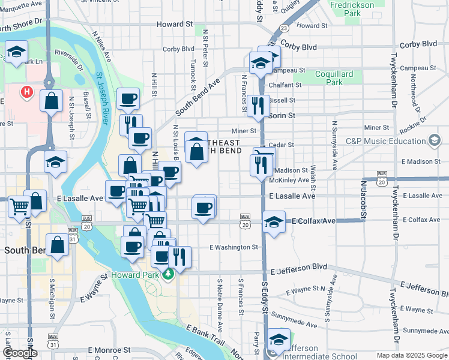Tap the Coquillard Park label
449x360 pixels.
(334, 79)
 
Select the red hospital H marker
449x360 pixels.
(26, 92)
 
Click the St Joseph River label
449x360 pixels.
(102, 99)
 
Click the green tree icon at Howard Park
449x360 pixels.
(169, 274)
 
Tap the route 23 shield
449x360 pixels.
(284, 28)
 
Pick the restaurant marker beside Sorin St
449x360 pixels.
(258, 106)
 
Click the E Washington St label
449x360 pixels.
(234, 247)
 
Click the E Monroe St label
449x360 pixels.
(109, 350)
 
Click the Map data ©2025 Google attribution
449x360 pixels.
(411, 355)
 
